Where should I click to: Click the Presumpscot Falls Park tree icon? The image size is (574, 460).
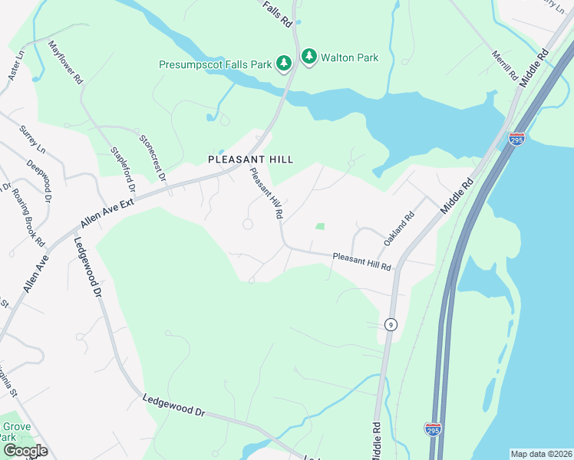[283, 62]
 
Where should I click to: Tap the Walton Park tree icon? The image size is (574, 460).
[308, 56]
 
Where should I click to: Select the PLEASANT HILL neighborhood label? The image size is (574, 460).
[251, 159]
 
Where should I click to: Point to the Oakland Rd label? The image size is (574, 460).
[399, 228]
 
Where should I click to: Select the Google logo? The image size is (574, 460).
[26, 451]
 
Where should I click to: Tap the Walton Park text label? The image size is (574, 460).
[347, 56]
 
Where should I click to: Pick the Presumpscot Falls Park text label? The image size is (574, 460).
[216, 65]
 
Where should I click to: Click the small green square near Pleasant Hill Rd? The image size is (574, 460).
[320, 226]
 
